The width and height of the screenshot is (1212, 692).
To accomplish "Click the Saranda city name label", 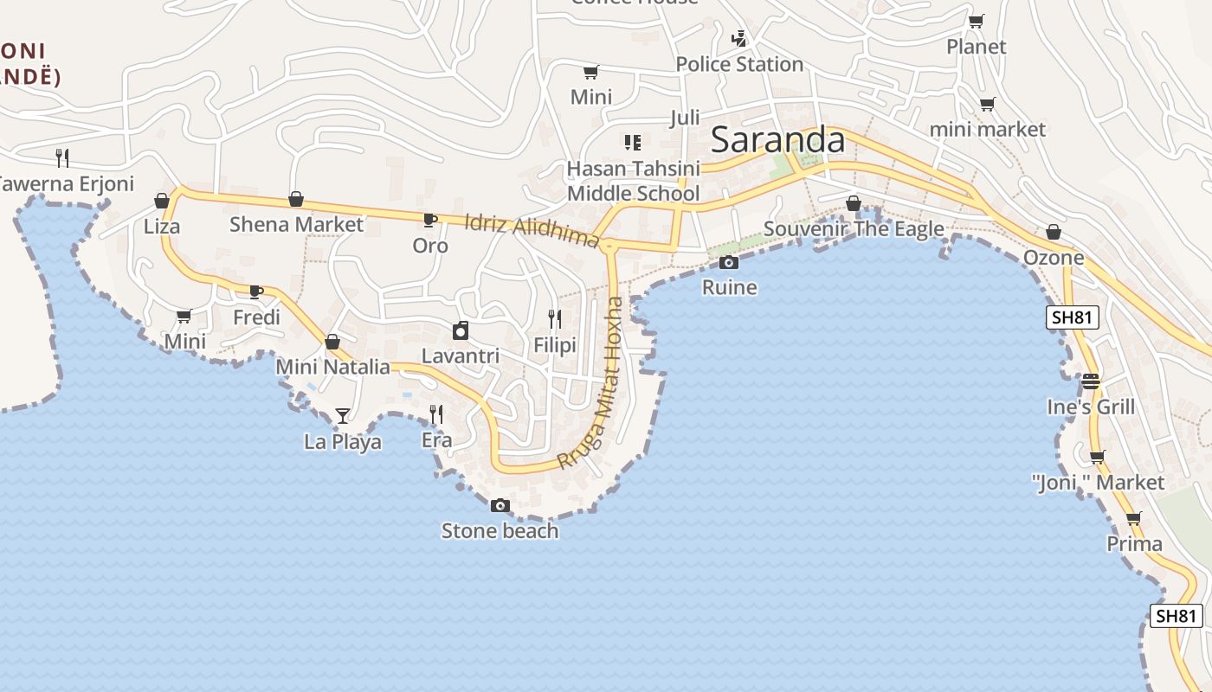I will pos(777,140).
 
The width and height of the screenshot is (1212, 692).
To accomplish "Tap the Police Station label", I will pos(739,64).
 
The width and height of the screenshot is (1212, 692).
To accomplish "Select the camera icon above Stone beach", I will pos(500,506).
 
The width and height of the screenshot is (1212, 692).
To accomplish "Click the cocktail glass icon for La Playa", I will pos(343,416).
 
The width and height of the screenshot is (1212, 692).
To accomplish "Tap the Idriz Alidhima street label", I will pos(532,229).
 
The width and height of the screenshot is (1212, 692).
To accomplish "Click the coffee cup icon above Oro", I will pos(430,220).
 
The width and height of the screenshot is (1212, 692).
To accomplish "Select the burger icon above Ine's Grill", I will pos(1091,381).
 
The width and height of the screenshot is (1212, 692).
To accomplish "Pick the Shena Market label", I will pos(296,225).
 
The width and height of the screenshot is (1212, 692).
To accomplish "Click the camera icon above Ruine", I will pos(729,262).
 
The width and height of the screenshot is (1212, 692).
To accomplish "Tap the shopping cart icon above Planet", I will pos(976,21).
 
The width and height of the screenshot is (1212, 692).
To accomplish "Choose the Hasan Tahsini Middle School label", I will pos(633,180).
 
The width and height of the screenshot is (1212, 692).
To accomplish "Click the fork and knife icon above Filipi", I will pos(555,319).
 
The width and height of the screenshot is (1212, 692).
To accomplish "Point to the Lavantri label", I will pos(460,356).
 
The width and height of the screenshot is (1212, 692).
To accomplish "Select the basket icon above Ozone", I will pos(1054,232).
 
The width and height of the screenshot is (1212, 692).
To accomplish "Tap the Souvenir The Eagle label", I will pos(853,229).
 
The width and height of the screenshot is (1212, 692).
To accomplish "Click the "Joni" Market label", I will pos(1098,482).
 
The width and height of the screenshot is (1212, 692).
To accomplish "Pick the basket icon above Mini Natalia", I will pos(332,342).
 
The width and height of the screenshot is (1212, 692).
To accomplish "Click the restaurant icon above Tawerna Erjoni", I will pos(62,157).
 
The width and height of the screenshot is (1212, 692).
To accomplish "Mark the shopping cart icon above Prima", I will pos(1134,518).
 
